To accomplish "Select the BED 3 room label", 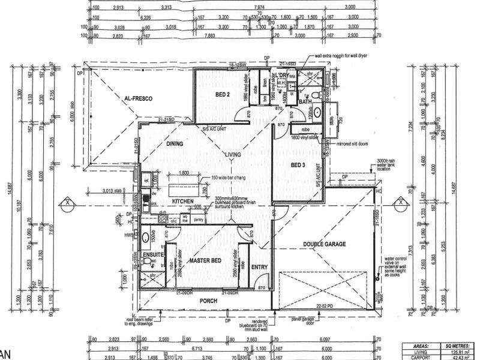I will (x=299, y=164).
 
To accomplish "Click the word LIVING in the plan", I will (x=233, y=154).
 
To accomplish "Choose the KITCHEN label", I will (x=182, y=202).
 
